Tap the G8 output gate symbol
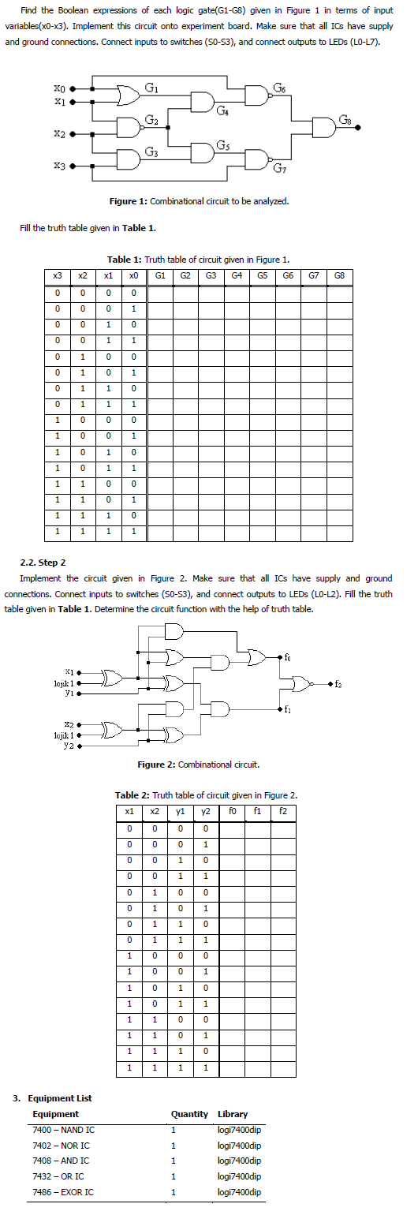pos(325,127)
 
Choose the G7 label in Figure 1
pos(279,168)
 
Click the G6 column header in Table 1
pos(288,276)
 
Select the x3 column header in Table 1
pos(57,276)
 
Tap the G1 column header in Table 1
pos(160,276)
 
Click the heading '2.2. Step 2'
pos(47,563)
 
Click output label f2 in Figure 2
pos(339,683)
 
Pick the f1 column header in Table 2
pos(257,810)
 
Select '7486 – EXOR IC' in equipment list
pos(63,1191)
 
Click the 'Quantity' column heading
pos(189,1114)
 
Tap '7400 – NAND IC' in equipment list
pos(64,1130)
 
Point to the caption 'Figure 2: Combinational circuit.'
pos(198,765)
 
